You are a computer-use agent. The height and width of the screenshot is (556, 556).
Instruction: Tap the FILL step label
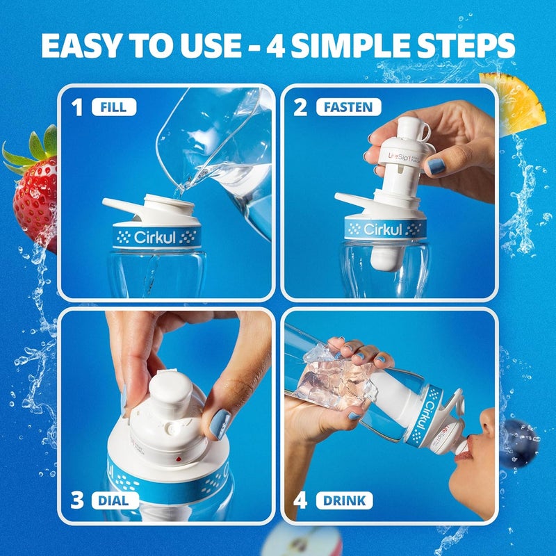114,107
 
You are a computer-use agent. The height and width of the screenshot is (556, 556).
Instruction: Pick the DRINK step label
344,499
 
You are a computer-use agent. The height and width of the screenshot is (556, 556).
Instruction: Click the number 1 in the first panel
78,107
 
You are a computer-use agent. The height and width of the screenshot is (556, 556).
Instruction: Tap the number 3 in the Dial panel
79,499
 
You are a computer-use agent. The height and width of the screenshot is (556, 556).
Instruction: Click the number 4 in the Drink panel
300,499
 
